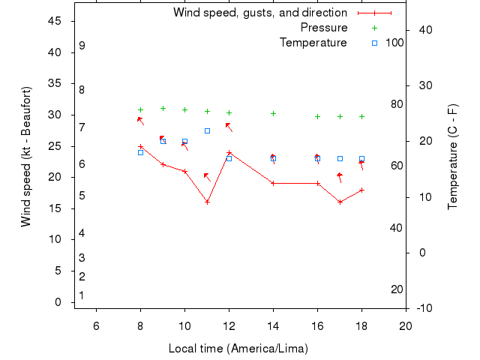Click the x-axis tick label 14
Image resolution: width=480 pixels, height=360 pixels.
pyautogui.click(x=273, y=325)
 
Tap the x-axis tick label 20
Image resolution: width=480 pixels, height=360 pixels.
pyautogui.click(x=406, y=325)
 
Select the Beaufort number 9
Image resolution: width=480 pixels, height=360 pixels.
pyautogui.click(x=82, y=46)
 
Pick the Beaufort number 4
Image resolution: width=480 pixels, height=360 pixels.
pyautogui.click(x=81, y=233)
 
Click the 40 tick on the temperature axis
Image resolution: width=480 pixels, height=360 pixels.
pyautogui.click(x=423, y=29)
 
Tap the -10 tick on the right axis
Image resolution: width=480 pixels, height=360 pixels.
pyautogui.click(x=421, y=307)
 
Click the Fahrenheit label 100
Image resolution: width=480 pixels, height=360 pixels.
pyautogui.click(x=394, y=43)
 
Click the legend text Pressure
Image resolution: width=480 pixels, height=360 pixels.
pyautogui.click(x=323, y=28)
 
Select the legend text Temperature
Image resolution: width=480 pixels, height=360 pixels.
pyautogui.click(x=313, y=43)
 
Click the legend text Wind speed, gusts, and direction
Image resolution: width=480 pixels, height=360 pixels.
pyautogui.click(x=259, y=13)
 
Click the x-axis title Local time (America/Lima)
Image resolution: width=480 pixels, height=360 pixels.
pyautogui.click(x=238, y=349)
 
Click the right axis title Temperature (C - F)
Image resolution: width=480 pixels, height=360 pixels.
pyautogui.click(x=453, y=157)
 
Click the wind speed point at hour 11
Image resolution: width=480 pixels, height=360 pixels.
pyautogui.click(x=207, y=202)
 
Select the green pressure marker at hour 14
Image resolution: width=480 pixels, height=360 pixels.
pyautogui.click(x=273, y=114)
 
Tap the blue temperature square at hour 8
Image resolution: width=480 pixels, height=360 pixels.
pyautogui.click(x=140, y=152)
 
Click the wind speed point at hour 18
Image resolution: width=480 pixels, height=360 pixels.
pyautogui.click(x=361, y=190)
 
